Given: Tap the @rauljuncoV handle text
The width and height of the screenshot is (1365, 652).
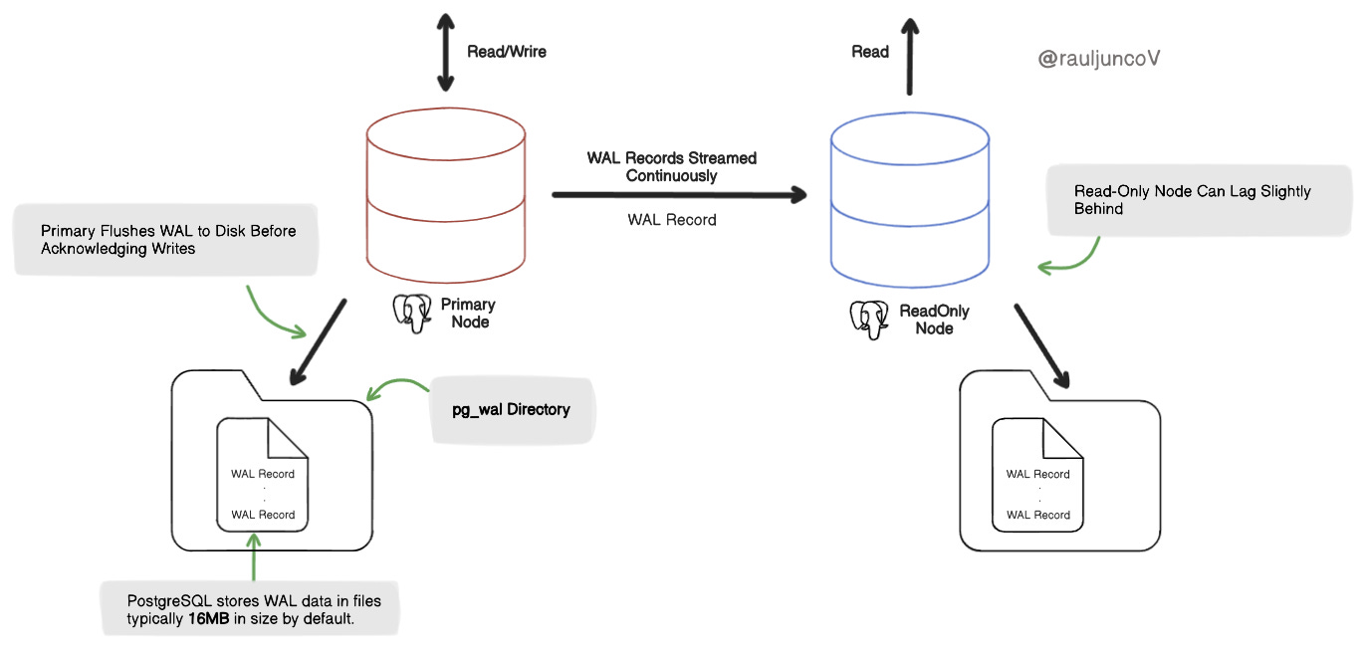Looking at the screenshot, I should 1099,59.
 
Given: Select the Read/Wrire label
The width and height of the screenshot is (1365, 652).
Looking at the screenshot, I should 507,52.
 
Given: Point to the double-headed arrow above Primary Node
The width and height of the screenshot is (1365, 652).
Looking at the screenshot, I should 439,51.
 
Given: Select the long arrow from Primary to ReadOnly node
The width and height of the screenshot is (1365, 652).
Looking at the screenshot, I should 678,195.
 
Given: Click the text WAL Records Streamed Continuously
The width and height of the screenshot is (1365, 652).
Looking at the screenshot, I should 671,166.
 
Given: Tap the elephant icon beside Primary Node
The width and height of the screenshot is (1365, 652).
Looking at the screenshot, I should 413,313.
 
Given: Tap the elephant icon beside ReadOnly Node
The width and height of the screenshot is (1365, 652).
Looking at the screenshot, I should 869,319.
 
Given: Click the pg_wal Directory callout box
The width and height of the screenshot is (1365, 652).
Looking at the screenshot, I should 511,409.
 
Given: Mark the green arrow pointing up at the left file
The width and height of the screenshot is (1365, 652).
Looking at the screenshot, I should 254,557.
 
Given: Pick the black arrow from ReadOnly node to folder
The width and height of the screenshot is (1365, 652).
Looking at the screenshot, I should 1041,345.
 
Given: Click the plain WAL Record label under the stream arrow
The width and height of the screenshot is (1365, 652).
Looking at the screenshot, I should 671,220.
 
